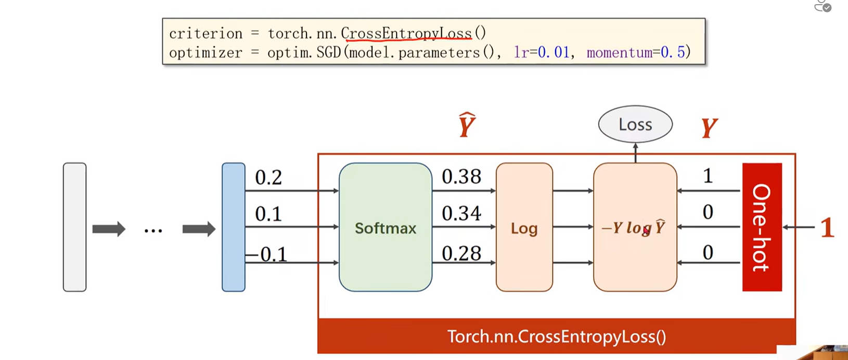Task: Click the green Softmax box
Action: tap(385, 227)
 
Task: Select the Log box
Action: tap(524, 227)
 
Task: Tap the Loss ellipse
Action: tap(635, 124)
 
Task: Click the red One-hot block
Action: tap(762, 227)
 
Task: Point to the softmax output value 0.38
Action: tap(461, 177)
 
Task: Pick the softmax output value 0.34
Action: tap(461, 213)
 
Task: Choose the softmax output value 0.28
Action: tap(461, 253)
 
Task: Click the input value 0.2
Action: tap(268, 178)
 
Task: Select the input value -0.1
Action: tap(266, 254)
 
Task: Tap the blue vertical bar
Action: tap(233, 227)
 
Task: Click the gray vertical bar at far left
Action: tap(74, 227)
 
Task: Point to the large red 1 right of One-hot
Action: tap(827, 228)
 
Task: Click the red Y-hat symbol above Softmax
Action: tap(467, 125)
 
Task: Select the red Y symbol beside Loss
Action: tap(709, 127)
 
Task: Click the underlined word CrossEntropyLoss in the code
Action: tap(406, 34)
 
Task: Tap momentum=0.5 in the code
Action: tap(638, 53)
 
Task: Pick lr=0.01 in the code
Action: tap(542, 53)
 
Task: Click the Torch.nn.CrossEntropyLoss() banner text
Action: tap(556, 337)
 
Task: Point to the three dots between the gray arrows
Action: tap(153, 230)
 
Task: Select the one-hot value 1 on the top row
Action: tap(708, 176)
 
